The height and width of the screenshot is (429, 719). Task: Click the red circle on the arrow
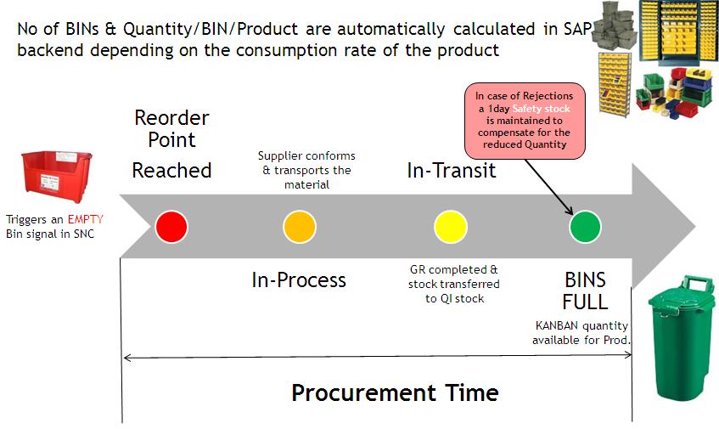pos(171,227)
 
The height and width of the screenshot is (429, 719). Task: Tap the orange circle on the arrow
pos(300,227)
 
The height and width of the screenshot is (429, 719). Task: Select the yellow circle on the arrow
pos(450,227)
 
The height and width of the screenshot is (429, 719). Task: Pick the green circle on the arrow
pos(584,227)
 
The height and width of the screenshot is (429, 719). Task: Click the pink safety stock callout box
pos(524,121)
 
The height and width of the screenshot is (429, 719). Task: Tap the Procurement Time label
pos(395,392)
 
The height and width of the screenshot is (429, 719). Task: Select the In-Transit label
pos(451,171)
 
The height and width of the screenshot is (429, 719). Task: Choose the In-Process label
pos(299,279)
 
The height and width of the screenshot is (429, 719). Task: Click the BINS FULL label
pos(585,291)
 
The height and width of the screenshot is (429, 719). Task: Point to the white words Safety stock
pos(541,109)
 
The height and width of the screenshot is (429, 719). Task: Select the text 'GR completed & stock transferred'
pos(454,276)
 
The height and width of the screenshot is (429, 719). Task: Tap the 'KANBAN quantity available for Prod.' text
pos(581,332)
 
